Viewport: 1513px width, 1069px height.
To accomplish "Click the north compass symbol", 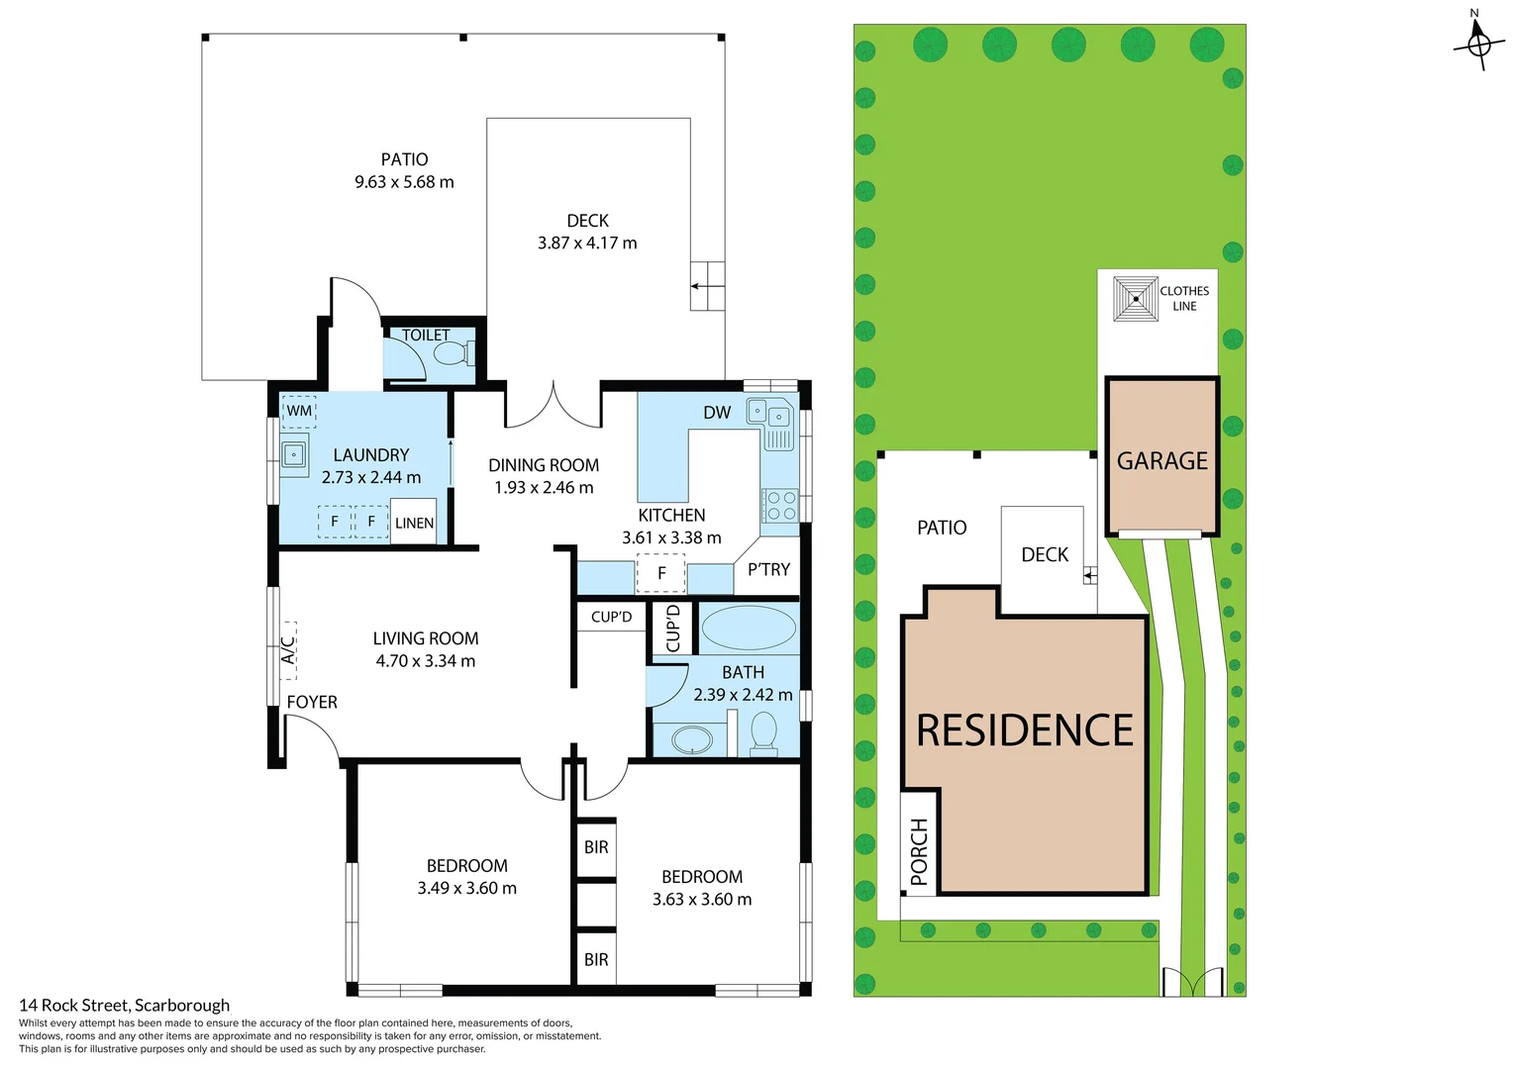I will [1478, 43].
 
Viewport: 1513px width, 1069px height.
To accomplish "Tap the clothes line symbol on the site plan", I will [1135, 299].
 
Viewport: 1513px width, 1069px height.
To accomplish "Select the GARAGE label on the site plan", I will [1161, 461].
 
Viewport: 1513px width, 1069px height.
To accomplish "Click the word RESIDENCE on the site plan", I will [1024, 731].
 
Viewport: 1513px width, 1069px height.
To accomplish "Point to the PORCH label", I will [919, 851].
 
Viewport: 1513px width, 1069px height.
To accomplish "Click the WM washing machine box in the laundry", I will [299, 411].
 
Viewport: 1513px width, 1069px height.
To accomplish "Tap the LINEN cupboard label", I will [414, 524].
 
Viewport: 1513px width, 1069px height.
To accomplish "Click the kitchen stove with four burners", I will [780, 506].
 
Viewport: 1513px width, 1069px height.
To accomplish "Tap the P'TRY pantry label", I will [768, 570].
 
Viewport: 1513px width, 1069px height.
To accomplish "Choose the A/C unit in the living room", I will [288, 650].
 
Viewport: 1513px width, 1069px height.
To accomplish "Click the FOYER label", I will [312, 703].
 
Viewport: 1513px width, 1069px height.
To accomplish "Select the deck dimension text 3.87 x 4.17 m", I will [587, 243].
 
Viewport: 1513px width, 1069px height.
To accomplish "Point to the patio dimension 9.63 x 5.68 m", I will [404, 182].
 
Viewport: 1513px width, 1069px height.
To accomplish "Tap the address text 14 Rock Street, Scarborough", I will [125, 1006].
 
